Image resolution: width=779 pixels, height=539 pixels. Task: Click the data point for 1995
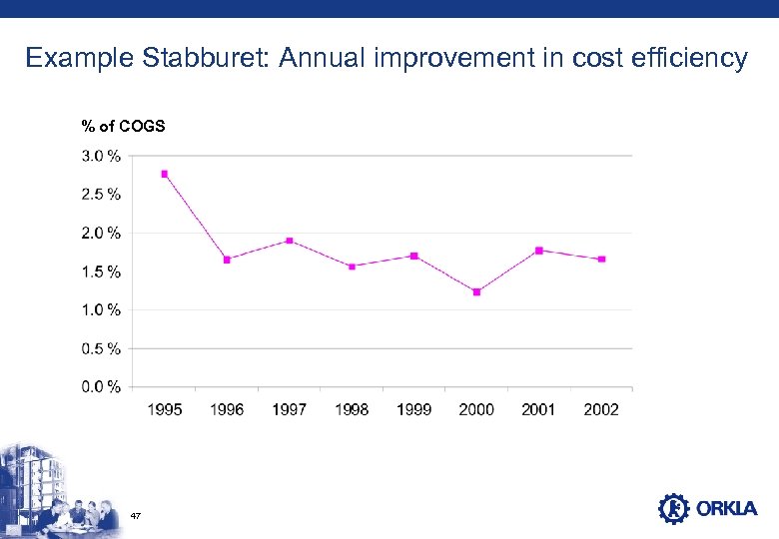click(165, 174)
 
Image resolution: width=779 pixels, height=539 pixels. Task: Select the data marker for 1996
click(227, 260)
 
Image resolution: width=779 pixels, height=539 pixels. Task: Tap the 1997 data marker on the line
click(289, 241)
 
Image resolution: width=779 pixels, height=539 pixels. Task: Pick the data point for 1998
click(352, 267)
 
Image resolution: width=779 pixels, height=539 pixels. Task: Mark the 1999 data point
click(413, 256)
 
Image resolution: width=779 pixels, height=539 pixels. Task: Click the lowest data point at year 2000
click(476, 292)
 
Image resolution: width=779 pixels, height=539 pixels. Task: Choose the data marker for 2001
click(539, 251)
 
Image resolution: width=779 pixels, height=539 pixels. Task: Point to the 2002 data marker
click(601, 260)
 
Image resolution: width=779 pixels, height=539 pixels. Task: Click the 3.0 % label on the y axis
click(102, 156)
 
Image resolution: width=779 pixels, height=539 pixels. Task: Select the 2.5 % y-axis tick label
click(102, 194)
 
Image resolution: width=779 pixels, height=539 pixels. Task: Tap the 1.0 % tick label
click(102, 309)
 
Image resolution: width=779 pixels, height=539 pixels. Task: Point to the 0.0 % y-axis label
click(102, 386)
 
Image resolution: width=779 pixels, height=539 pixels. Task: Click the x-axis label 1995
click(165, 409)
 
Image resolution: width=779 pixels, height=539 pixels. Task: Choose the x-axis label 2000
click(476, 409)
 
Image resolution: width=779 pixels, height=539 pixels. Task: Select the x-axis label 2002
click(601, 409)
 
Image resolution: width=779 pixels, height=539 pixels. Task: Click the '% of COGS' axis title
click(124, 126)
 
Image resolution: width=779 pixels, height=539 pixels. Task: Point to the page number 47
click(136, 515)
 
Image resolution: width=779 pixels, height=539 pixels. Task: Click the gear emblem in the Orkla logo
click(674, 509)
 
